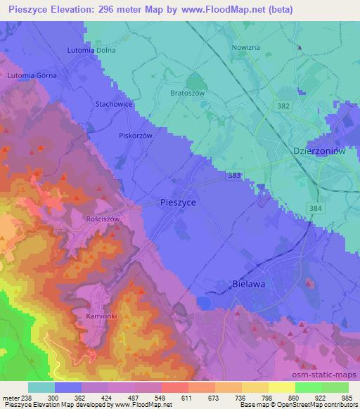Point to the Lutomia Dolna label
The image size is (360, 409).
(x=91, y=51)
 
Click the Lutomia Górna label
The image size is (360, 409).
(x=32, y=74)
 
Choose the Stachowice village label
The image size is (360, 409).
(x=114, y=103)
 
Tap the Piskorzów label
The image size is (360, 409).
(x=136, y=136)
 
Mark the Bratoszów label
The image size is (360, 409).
(x=188, y=91)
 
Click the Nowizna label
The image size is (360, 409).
(x=246, y=48)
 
